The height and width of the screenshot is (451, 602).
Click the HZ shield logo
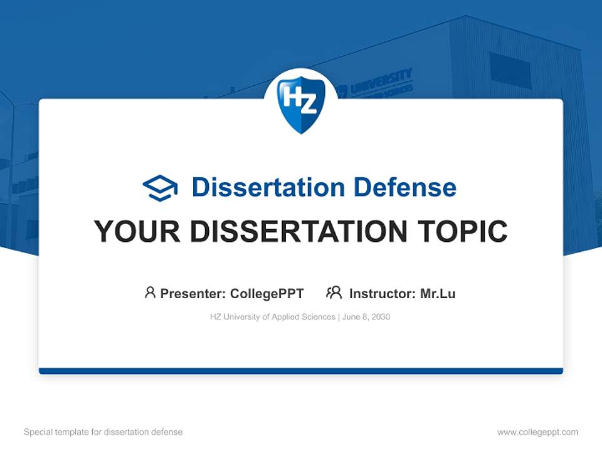click(x=301, y=104)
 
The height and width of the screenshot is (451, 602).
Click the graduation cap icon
click(x=160, y=188)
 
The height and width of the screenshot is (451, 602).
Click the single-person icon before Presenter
click(x=150, y=293)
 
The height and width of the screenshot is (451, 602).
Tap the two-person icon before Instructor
click(x=334, y=293)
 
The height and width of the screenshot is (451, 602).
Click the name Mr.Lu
click(x=438, y=294)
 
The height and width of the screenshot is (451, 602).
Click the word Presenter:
click(x=193, y=294)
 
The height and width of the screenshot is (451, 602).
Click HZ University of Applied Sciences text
click(x=273, y=317)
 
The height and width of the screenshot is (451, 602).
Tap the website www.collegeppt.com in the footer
click(x=537, y=432)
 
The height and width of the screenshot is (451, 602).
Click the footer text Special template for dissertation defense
click(x=103, y=432)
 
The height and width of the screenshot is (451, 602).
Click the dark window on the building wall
click(x=509, y=70)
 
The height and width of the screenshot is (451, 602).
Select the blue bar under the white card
click(x=301, y=371)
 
